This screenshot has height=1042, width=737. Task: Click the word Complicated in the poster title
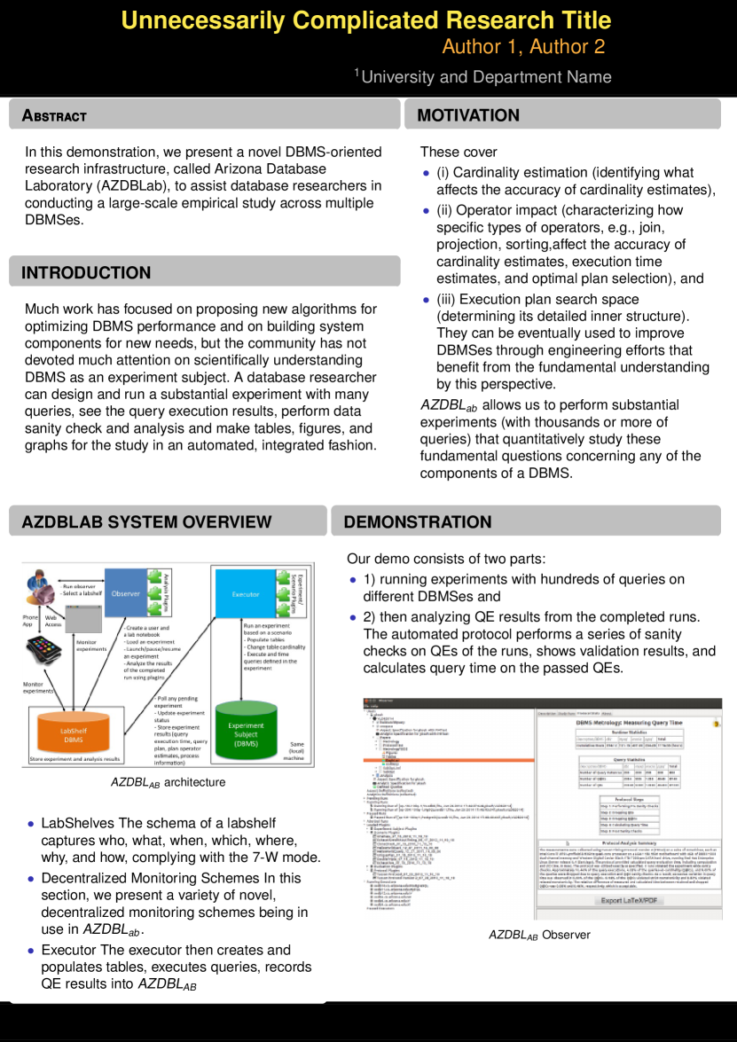pyautogui.click(x=365, y=20)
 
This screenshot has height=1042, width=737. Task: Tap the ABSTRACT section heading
pyautogui.click(x=54, y=116)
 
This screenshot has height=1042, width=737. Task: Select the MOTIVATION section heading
pyautogui.click(x=468, y=115)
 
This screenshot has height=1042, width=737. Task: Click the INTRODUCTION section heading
pyautogui.click(x=86, y=272)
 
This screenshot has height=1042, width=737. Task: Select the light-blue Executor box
pyautogui.click(x=246, y=593)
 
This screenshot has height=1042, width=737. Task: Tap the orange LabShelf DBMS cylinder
pyautogui.click(x=74, y=733)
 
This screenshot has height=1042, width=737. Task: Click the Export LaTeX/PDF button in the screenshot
pyautogui.click(x=630, y=900)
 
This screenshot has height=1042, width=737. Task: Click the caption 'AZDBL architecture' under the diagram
pyautogui.click(x=168, y=782)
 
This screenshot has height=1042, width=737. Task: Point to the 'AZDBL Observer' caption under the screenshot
pyautogui.click(x=539, y=935)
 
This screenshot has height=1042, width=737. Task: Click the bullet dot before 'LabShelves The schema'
pyautogui.click(x=32, y=824)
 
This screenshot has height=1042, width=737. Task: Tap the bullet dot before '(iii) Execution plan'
pyautogui.click(x=427, y=300)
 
